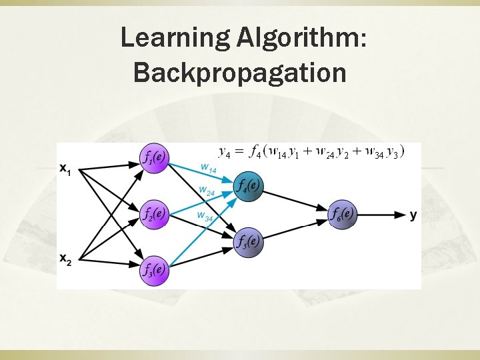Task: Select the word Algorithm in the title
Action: (301, 39)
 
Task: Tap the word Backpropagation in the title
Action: (240, 72)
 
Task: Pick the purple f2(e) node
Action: (155, 215)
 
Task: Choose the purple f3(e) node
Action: (155, 271)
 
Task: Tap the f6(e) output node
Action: (343, 215)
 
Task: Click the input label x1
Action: (65, 171)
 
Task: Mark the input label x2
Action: (65, 259)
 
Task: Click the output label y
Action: (413, 215)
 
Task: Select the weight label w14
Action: (209, 167)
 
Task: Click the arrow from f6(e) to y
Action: (381, 215)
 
